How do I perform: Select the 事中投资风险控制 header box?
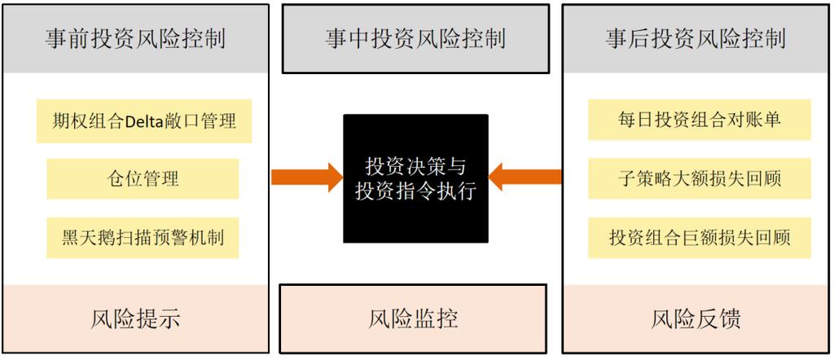click(415, 38)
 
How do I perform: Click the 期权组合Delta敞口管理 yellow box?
click(143, 121)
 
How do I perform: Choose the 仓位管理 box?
click(143, 178)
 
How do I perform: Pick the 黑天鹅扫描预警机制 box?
click(143, 238)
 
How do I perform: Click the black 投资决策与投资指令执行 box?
click(415, 178)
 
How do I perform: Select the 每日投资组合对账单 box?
click(699, 120)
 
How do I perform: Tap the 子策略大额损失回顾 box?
click(699, 178)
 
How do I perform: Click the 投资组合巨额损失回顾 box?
click(699, 238)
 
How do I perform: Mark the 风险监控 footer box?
click(413, 318)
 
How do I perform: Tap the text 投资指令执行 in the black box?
click(415, 192)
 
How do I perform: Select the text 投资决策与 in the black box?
click(415, 166)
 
